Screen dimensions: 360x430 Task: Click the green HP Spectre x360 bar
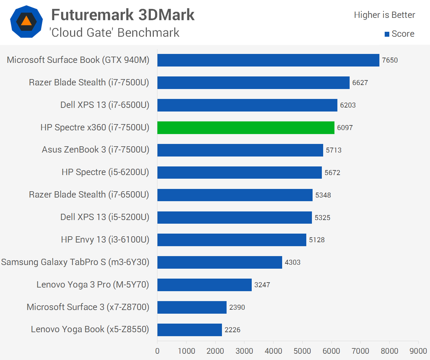[x=246, y=128]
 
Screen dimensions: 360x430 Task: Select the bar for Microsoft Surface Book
[x=268, y=60]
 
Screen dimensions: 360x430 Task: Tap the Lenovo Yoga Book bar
[x=190, y=330]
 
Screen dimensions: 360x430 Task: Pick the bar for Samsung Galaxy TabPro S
[x=220, y=262]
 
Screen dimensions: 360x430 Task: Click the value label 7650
[x=390, y=60]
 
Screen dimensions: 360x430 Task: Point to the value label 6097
[x=345, y=128]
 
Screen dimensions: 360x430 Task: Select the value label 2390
[x=237, y=307]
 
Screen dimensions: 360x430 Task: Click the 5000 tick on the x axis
[x=302, y=351]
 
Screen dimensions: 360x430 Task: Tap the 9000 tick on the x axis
[x=418, y=351]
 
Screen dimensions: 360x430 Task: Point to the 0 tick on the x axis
[x=157, y=351]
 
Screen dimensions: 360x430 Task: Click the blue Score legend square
[x=387, y=34]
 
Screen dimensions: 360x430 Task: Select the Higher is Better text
[x=384, y=15]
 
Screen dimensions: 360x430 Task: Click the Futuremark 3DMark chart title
[x=123, y=15]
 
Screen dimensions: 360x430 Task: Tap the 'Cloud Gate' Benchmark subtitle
[x=114, y=33]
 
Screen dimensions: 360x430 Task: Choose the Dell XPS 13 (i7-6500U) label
[x=105, y=105]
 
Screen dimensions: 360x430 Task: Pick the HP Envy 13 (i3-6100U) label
[x=105, y=240]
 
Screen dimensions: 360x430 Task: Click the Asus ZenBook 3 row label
[x=96, y=150]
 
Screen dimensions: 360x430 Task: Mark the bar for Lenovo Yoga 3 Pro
[x=204, y=285]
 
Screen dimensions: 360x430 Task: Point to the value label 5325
[x=322, y=218]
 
